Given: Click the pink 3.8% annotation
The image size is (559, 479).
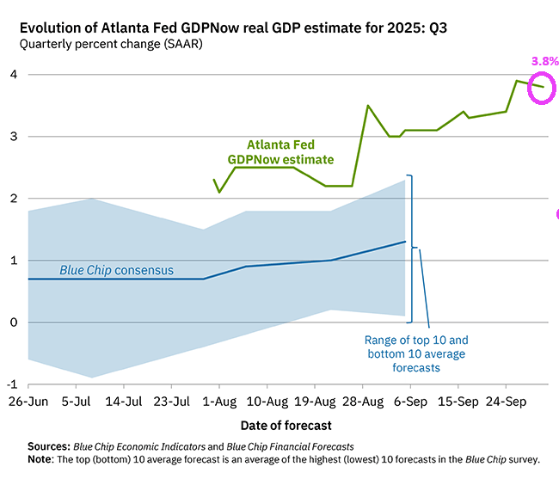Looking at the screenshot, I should point(545,61).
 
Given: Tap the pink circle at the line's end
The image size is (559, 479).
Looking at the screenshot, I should point(542,87).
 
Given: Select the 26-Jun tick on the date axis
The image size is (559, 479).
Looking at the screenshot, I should point(28,402).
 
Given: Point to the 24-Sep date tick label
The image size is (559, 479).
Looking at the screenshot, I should point(506,402).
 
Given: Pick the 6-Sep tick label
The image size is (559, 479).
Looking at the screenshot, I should point(410,402).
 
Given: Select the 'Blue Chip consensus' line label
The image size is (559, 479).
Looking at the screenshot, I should point(116,270).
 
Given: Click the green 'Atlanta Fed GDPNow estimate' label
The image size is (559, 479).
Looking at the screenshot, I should point(280,152).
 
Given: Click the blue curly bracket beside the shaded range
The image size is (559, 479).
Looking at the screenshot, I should point(412,248).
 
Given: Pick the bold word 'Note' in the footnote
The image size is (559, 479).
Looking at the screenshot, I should point(40,459).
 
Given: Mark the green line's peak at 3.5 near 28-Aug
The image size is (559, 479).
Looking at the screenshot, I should point(368,106).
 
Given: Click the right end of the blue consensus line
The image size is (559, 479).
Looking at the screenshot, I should point(405,242).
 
